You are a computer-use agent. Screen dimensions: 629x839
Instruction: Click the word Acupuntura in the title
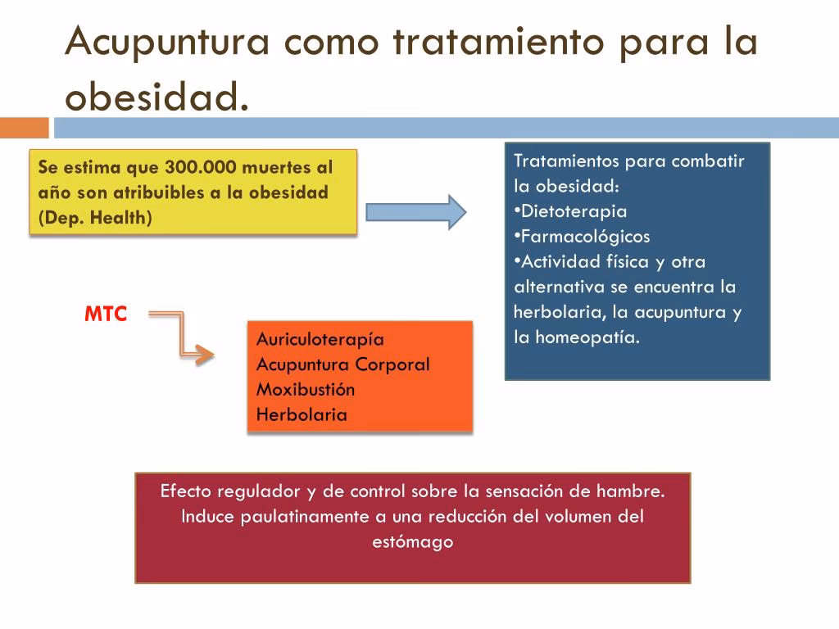point(167,42)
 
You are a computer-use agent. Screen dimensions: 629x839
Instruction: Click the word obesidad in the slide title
point(156,97)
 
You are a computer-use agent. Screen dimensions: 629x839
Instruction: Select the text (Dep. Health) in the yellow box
point(95,219)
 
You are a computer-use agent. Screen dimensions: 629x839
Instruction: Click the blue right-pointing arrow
point(415,212)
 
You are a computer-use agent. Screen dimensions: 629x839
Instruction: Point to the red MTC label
point(106,314)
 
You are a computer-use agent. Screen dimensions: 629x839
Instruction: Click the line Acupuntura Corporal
point(342,364)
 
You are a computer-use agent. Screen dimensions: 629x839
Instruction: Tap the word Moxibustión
point(306,389)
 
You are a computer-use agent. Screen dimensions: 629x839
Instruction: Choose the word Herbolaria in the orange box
point(302,414)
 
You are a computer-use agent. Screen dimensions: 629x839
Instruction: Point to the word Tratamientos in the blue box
point(566,161)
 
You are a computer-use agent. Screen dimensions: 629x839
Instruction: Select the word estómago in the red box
point(413,542)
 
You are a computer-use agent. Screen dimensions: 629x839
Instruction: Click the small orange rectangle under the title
point(24,128)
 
